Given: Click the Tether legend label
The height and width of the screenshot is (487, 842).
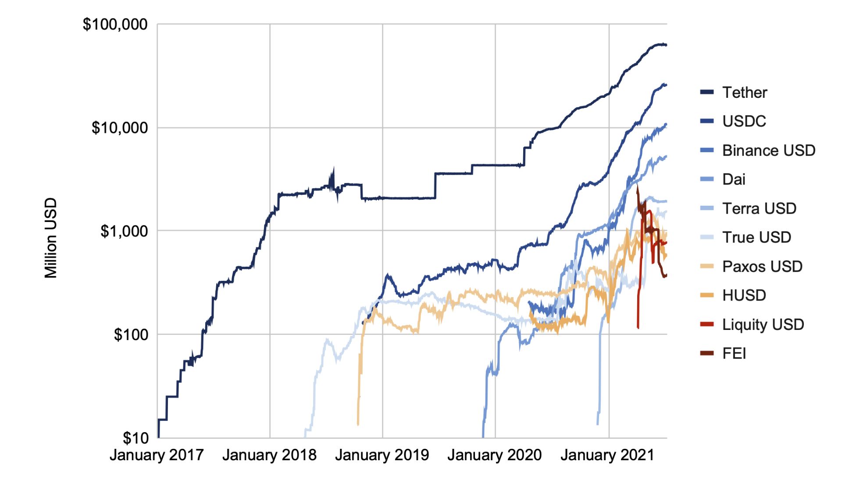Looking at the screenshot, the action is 745,93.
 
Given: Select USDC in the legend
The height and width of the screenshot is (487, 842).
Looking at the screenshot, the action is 744,121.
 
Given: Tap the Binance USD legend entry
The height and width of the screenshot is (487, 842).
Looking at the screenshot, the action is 769,150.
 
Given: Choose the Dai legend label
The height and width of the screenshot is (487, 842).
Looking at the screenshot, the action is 734,179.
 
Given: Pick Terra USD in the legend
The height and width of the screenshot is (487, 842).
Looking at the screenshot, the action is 759,208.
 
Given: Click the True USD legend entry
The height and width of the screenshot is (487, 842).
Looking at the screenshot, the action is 756,237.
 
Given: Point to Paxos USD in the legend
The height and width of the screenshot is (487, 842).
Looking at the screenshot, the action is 762,266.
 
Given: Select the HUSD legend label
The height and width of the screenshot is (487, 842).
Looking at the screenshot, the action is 744,295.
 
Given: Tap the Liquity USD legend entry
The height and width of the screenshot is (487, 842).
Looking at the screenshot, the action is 763,325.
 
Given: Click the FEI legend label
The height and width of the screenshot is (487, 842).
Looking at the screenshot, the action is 734,353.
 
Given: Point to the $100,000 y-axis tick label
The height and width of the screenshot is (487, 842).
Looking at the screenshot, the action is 115,24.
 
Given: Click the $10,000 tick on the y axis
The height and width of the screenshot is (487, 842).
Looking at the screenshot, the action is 119,128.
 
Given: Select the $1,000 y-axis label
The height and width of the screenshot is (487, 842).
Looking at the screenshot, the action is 124,231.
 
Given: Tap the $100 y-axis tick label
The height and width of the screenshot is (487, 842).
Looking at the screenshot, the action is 131,334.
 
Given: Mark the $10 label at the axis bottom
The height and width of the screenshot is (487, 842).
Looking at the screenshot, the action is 136,438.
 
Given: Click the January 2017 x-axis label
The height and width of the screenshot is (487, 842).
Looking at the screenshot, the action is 157,455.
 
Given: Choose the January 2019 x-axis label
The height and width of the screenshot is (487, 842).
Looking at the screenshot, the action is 382,455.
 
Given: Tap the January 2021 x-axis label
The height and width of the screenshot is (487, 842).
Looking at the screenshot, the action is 607,455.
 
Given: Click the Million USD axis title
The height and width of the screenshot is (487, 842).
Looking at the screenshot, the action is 51,238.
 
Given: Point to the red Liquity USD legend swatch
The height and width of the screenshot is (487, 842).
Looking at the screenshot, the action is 707,324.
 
